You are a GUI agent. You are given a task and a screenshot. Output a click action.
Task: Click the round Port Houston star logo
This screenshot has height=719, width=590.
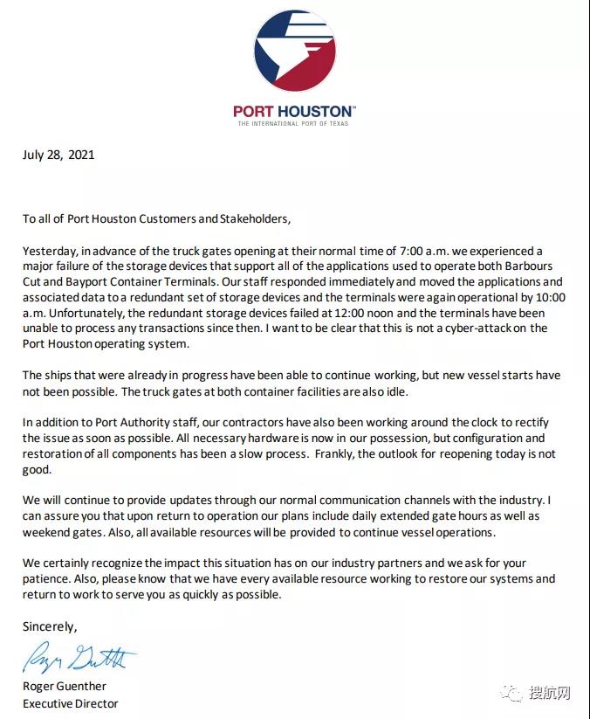click(294, 51)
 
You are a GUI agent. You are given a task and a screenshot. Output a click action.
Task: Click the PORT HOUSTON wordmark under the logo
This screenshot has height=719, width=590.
click(294, 111)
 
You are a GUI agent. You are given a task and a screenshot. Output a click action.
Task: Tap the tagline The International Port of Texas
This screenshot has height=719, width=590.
click(294, 123)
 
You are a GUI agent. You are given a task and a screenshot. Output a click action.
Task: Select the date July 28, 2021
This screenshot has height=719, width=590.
click(58, 155)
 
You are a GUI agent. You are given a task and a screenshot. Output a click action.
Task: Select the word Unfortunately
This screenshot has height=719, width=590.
click(81, 313)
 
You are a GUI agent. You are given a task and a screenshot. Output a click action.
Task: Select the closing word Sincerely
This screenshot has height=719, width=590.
click(50, 626)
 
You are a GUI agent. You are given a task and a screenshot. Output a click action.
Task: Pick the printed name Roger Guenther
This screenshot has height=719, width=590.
click(66, 687)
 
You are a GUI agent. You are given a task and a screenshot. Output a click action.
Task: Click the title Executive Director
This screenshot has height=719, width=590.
click(70, 702)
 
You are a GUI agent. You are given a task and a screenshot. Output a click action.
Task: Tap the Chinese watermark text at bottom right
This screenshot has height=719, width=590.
click(550, 694)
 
